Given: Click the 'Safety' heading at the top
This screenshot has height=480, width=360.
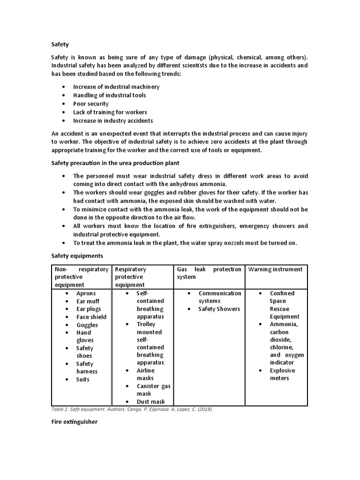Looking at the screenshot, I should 60,45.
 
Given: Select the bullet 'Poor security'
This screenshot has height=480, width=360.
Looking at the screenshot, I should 90,104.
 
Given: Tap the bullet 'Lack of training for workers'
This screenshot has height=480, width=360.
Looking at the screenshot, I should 110,112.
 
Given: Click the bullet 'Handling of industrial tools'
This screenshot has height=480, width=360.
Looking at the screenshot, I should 109,95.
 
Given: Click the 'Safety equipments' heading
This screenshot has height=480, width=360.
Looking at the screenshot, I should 76,256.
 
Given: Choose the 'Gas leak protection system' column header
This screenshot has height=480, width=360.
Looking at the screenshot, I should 209,273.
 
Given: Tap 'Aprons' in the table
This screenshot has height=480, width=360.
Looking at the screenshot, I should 86,293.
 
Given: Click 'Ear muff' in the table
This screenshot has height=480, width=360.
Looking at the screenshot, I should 88,301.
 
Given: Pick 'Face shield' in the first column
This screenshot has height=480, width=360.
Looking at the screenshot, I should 91,317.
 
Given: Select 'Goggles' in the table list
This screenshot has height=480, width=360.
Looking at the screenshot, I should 87,325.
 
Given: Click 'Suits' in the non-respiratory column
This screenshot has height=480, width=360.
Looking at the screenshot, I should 82,379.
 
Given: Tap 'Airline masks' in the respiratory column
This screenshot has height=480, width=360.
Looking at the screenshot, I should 145,374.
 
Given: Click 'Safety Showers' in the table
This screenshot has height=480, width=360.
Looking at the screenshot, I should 219,309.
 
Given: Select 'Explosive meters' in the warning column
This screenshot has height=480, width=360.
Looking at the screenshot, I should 282,374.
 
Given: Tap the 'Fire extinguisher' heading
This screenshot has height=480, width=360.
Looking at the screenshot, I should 74,422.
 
